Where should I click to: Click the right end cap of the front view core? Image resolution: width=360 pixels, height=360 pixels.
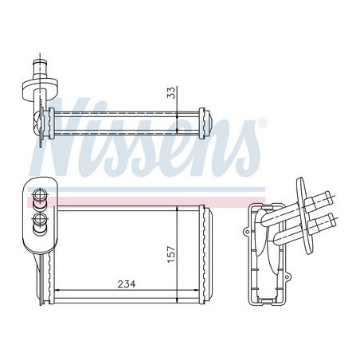pos(205,256)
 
